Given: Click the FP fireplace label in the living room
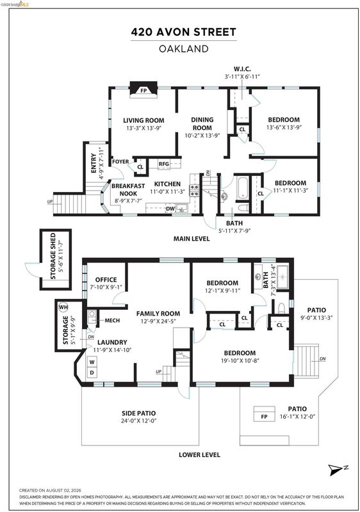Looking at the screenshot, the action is (x=143, y=90).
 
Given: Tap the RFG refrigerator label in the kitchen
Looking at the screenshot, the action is (x=164, y=164).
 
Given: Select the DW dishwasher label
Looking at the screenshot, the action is (x=170, y=209).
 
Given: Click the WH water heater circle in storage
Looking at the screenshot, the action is (x=63, y=307).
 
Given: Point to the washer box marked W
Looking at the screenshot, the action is (x=92, y=362).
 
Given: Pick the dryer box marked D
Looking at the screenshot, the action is (x=92, y=372).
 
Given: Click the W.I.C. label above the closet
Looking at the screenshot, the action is (x=242, y=69).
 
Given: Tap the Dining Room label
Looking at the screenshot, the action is (x=202, y=124).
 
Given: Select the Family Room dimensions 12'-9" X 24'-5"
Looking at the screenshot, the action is (x=158, y=321).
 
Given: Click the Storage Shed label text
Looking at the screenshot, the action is (x=53, y=256).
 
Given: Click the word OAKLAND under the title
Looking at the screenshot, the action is (x=184, y=49).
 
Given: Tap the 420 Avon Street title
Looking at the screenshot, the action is (x=184, y=32).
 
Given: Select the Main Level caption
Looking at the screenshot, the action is (x=192, y=239).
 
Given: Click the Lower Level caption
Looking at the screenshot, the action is (x=199, y=454).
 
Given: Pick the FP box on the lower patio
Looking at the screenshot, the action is (x=265, y=413).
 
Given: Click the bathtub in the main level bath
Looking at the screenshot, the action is (x=242, y=188).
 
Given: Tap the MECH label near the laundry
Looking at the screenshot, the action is (x=112, y=321).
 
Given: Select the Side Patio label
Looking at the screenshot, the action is (x=139, y=413).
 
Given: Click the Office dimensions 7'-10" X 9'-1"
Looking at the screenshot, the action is (x=106, y=287).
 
